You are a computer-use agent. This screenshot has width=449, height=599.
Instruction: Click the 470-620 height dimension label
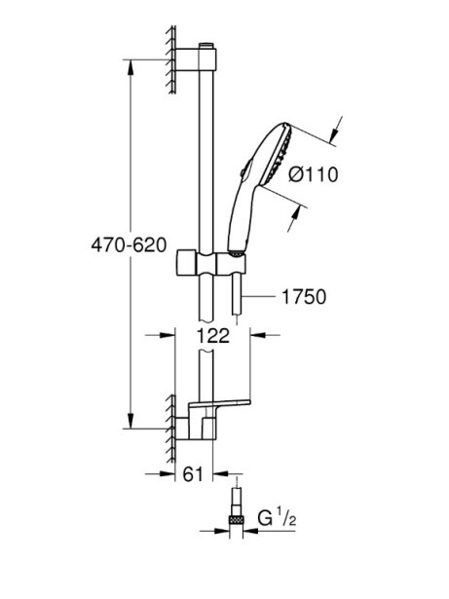(129, 244)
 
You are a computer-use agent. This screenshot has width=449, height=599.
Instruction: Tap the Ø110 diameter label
(314, 175)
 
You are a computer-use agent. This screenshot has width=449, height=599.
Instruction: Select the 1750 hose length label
(304, 297)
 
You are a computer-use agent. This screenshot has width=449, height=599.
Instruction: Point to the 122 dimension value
(213, 335)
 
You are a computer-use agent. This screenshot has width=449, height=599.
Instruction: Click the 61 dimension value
(193, 474)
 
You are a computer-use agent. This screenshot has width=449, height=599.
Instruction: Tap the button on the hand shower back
(244, 168)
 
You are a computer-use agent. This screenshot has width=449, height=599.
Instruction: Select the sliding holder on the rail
(211, 262)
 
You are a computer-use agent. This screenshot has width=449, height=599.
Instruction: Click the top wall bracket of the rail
(196, 59)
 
